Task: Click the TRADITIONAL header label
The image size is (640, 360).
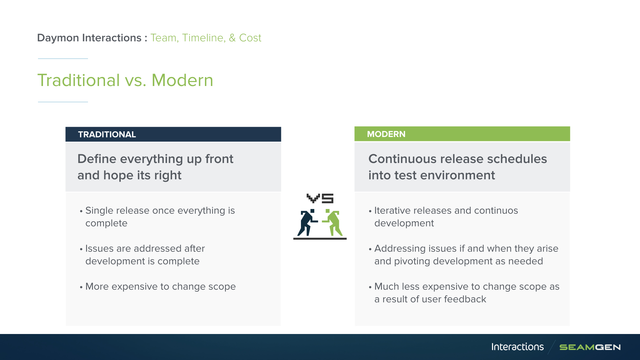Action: (107, 134)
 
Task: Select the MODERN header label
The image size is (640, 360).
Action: (386, 134)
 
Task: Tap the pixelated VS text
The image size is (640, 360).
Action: (320, 198)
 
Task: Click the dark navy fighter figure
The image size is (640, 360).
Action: (307, 223)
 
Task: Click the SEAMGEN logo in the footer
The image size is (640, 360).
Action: (590, 347)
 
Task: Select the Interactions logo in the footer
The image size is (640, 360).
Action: (517, 347)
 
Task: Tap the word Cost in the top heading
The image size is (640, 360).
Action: (250, 38)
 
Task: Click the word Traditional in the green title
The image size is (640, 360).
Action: (79, 80)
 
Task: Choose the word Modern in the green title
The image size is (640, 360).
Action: (182, 80)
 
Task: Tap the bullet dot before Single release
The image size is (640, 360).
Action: (81, 211)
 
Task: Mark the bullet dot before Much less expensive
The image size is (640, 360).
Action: (370, 287)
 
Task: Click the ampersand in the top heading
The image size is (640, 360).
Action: (232, 38)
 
